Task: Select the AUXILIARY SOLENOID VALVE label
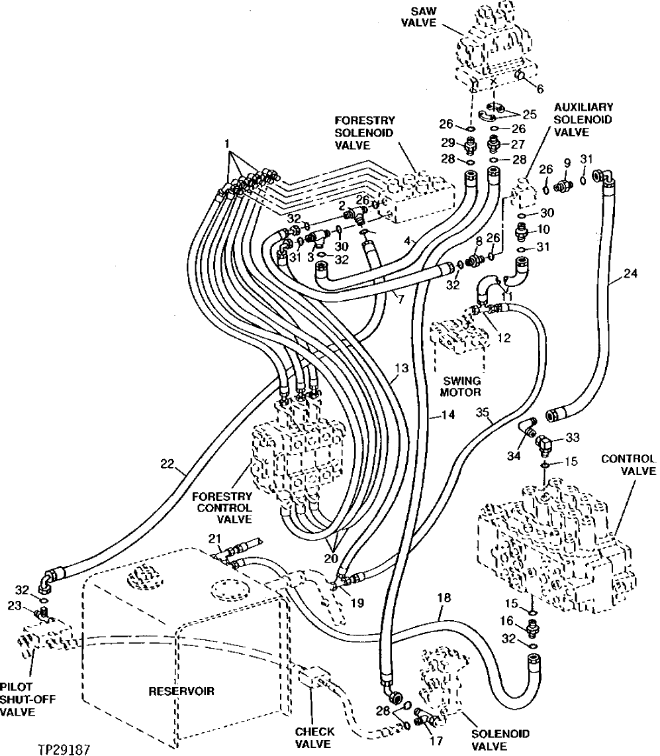[583, 119]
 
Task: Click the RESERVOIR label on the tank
[181, 691]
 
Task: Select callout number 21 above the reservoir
[214, 537]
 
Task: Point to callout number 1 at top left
[227, 143]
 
